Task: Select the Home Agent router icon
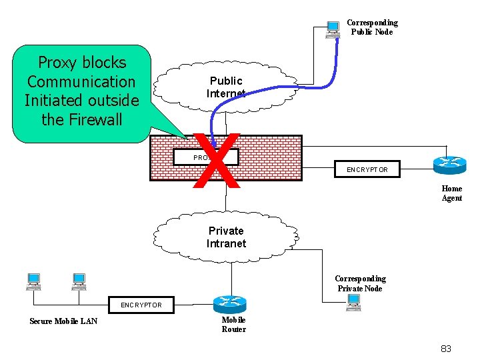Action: (446, 165)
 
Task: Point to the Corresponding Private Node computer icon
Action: (353, 303)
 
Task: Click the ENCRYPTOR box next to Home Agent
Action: (367, 169)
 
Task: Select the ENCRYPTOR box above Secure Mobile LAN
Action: (141, 305)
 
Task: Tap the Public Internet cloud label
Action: (225, 87)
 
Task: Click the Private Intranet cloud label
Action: (226, 237)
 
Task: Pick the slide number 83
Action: (446, 348)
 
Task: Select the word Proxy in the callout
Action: (57, 63)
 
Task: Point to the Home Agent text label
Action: (451, 193)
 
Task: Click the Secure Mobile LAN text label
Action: (63, 321)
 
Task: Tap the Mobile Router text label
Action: (233, 325)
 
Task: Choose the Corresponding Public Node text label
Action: (372, 27)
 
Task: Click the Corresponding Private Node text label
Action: (360, 283)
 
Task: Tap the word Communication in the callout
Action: (81, 82)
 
